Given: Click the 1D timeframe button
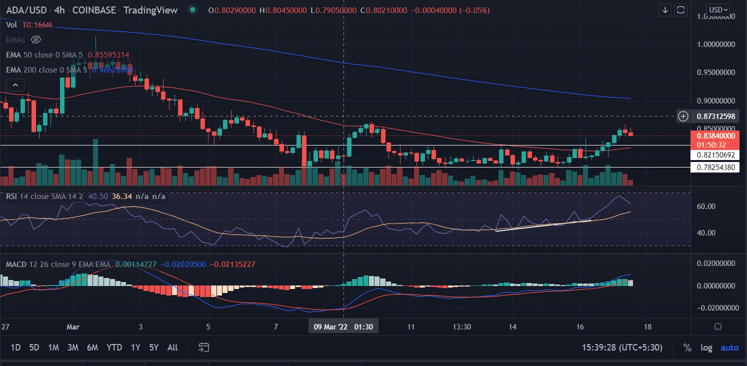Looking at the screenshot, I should [x=15, y=347].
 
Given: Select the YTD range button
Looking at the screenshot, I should [x=114, y=347].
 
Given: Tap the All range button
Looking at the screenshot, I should [x=172, y=347].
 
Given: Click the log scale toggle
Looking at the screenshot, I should [x=706, y=347].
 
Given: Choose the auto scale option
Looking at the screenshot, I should [x=729, y=347].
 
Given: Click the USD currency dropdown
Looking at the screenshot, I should [x=718, y=9].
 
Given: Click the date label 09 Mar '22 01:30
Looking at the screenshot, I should [x=343, y=326].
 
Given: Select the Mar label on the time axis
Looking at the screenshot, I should [x=73, y=326].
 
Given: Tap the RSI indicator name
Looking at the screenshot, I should [x=12, y=196].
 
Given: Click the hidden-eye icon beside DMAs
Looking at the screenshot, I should [x=35, y=39].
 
